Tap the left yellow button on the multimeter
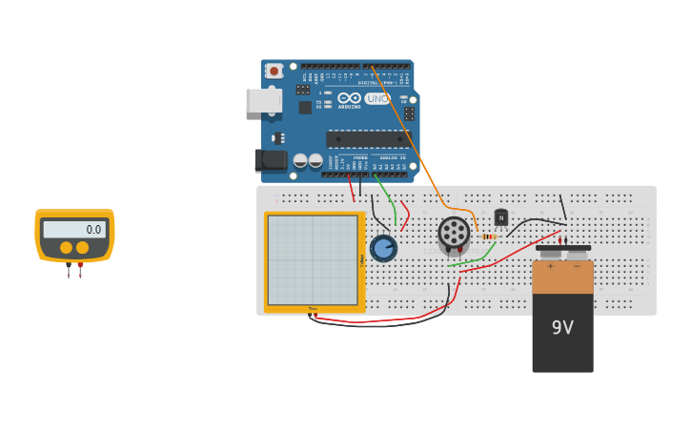66,248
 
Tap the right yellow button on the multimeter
83,248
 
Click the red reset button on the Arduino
274,71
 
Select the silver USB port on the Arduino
263,100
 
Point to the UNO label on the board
377,98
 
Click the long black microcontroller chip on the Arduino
368,139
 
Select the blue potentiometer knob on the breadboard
383,248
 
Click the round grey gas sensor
454,234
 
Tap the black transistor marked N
501,217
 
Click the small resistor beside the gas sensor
490,237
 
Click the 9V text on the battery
562,327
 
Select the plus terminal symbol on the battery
550,266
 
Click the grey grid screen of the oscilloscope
313,259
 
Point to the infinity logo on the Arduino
350,98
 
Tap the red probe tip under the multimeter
80,272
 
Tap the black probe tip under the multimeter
69,272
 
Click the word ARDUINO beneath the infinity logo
350,107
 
